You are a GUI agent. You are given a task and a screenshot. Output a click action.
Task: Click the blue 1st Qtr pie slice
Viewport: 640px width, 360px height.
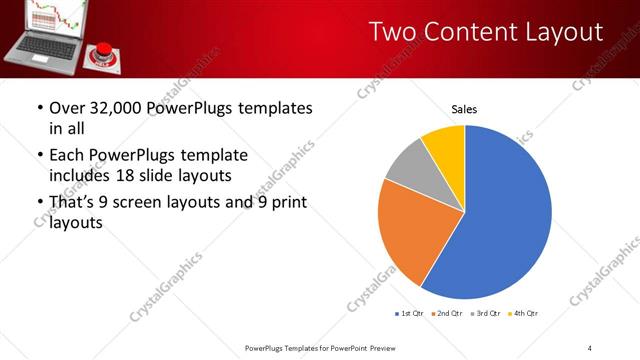point(505,220)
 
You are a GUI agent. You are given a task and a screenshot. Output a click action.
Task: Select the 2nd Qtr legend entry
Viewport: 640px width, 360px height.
point(445,314)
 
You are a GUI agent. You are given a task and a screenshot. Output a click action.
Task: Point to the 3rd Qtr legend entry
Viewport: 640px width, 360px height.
point(485,314)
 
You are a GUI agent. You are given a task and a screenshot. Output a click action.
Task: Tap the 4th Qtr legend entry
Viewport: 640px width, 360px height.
point(523,314)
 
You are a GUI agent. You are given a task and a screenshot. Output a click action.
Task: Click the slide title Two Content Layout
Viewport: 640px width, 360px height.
point(486,32)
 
